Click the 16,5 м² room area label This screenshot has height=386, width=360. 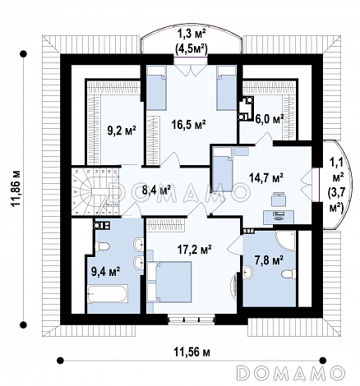[189, 125]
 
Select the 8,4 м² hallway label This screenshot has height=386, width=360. [156, 190]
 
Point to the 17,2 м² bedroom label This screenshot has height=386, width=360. [193, 250]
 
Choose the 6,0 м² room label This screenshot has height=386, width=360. [270, 119]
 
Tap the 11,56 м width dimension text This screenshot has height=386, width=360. [192, 352]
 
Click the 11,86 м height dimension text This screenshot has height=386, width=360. [16, 189]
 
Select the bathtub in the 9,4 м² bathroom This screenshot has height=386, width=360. [108, 294]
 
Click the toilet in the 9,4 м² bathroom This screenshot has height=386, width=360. [102, 246]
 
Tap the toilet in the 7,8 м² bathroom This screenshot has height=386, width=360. [288, 273]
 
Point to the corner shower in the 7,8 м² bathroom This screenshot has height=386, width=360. [285, 241]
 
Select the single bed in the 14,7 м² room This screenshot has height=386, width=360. [222, 169]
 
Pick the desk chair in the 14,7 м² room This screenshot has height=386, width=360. [279, 200]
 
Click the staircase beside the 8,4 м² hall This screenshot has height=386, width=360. [95, 191]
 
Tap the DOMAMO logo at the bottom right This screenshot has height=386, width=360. [291, 372]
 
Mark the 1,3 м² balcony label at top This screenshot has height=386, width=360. [192, 34]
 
